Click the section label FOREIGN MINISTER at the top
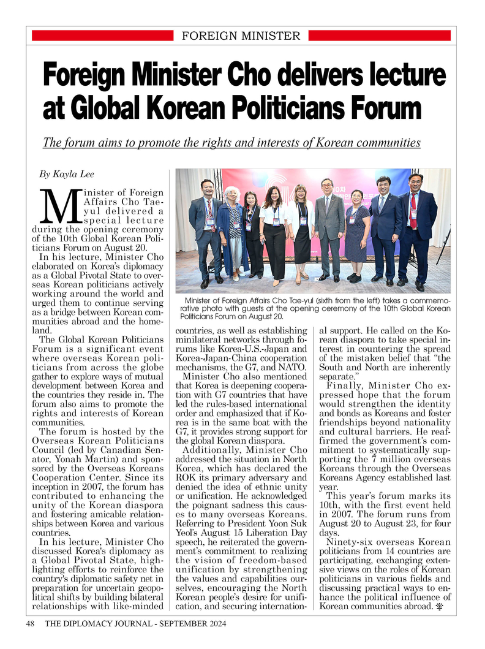pos(241,36)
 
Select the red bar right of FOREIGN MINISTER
pos(380,36)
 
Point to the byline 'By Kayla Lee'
pos(67,174)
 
